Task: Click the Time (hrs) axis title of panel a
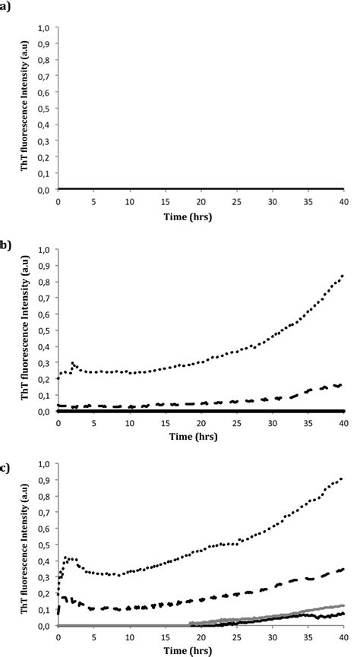200,216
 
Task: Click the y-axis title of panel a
26,106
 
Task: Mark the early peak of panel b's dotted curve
72,363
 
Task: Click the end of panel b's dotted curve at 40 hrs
342,276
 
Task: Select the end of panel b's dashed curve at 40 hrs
342,385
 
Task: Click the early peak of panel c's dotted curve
65,558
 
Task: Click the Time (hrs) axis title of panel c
200,652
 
